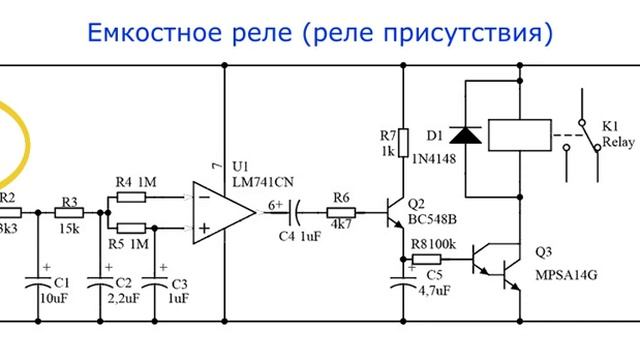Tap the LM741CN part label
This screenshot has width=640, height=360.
coord(263,179)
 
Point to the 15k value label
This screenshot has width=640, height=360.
coord(69,229)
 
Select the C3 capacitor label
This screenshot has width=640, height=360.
coord(179,283)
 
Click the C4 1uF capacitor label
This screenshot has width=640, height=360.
coord(301,235)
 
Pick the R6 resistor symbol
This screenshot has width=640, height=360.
coord(341,212)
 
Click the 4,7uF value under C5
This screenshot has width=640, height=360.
coord(434,291)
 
